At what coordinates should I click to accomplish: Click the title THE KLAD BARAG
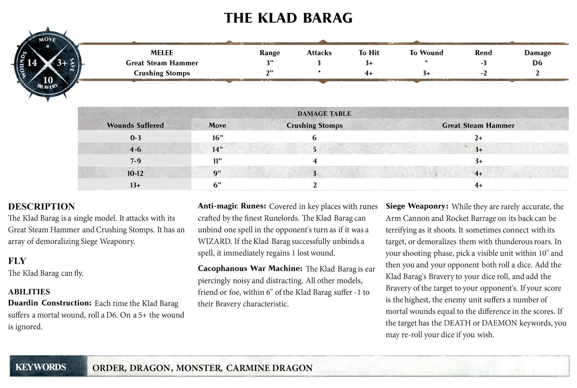click(288, 18)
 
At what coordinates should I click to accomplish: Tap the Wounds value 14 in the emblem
click(32, 63)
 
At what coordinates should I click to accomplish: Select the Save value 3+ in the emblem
click(62, 63)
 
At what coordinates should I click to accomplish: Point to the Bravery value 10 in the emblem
click(48, 80)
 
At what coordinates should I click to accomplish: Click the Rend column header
click(483, 53)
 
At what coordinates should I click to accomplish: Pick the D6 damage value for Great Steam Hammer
click(537, 63)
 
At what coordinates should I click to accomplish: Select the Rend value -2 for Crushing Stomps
click(484, 73)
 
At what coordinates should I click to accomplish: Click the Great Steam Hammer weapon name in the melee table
click(162, 63)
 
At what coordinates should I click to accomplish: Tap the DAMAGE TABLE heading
click(324, 113)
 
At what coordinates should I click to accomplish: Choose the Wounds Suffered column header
click(135, 125)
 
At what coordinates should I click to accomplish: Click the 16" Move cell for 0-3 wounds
click(217, 138)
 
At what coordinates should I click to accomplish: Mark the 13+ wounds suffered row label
click(135, 185)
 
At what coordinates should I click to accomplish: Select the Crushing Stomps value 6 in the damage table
click(314, 138)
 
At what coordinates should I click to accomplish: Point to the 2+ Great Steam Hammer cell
click(478, 138)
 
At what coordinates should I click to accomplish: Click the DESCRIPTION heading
click(41, 206)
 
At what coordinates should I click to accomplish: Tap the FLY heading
click(17, 261)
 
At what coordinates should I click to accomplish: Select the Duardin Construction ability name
click(50, 303)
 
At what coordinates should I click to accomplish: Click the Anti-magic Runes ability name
click(232, 206)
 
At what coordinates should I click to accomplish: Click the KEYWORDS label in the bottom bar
click(41, 367)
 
